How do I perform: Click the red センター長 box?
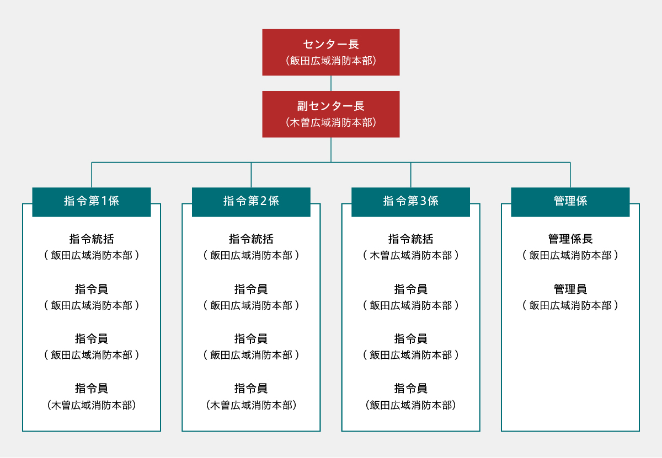(330, 52)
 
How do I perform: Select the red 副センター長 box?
(330, 114)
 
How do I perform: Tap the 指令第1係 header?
(91, 202)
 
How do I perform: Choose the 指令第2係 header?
(251, 202)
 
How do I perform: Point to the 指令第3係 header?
(410, 202)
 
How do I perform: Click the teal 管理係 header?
(570, 202)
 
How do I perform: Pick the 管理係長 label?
(570, 239)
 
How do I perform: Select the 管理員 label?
(570, 289)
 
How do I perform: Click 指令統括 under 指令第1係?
(92, 239)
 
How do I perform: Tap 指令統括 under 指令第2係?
(251, 239)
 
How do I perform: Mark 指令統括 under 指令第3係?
(410, 239)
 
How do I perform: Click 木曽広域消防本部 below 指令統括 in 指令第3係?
(410, 255)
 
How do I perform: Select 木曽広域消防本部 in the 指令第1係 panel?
(92, 405)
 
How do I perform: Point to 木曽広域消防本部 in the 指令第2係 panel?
(251, 405)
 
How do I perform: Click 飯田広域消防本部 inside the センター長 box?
(331, 61)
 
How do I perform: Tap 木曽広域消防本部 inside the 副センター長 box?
(331, 122)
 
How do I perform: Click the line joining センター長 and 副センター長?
(331, 83)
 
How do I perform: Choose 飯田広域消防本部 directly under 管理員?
(570, 305)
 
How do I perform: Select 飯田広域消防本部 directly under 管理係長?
(570, 255)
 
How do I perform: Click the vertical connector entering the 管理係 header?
(570, 175)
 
